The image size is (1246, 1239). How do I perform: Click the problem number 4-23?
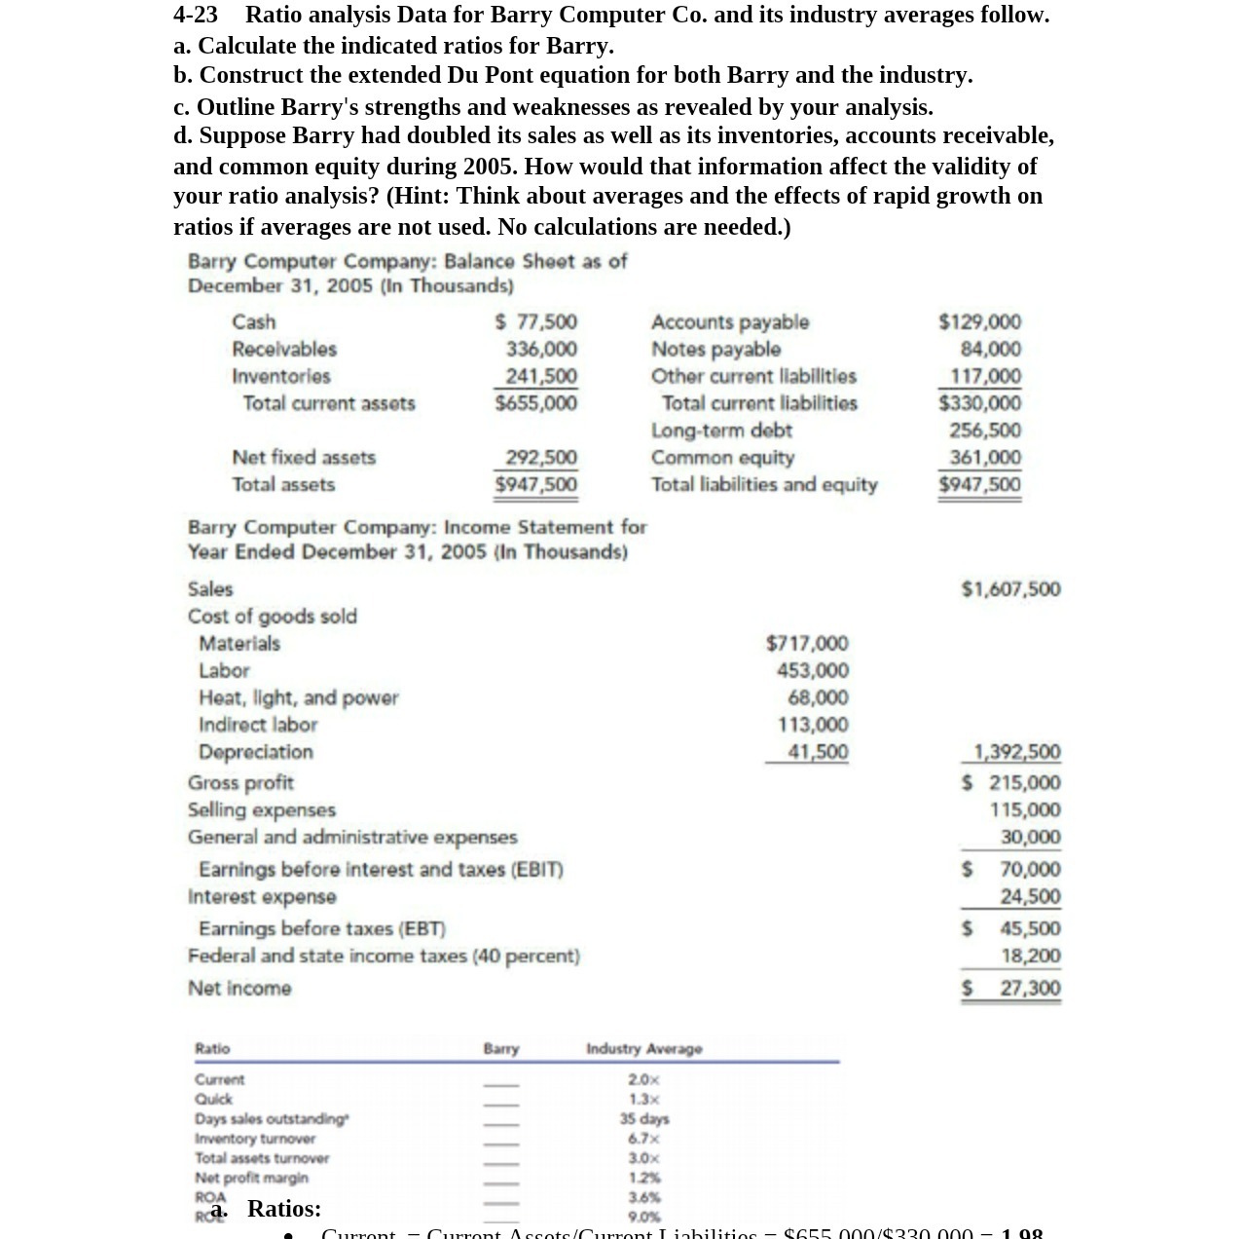click(196, 15)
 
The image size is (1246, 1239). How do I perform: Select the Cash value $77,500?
click(535, 321)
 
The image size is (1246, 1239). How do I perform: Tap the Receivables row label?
click(284, 349)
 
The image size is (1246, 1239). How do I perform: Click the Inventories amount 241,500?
click(541, 376)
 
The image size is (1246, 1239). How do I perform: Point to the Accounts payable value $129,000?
click(979, 321)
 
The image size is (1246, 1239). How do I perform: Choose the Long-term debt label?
click(721, 431)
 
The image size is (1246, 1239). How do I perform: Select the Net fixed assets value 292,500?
click(541, 458)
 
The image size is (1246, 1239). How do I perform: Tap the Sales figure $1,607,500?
click(1010, 589)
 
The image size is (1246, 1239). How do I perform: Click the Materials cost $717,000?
click(807, 644)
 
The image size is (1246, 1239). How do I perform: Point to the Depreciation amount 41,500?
click(818, 752)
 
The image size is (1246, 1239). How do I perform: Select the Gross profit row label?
click(240, 783)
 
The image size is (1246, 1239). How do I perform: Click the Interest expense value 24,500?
click(1031, 896)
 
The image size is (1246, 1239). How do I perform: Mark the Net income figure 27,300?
click(1030, 989)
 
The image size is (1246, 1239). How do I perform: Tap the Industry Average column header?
click(643, 1049)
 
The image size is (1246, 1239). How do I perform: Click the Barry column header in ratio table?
click(501, 1049)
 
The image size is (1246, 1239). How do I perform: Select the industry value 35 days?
click(643, 1119)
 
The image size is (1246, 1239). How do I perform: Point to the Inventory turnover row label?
click(255, 1139)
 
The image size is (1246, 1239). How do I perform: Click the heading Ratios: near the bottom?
click(283, 1209)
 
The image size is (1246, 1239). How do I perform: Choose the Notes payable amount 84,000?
click(990, 349)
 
